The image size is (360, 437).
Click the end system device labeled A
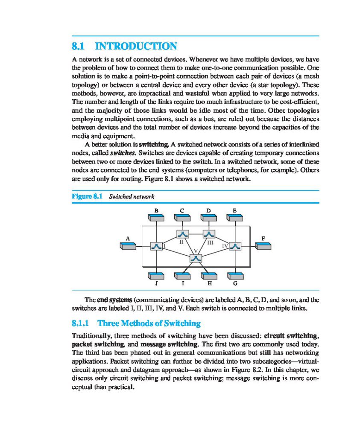pyautogui.click(x=128, y=246)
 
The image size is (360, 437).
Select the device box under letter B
pyautogui.click(x=157, y=218)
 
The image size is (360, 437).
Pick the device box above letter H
pyautogui.click(x=209, y=275)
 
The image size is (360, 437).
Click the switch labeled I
pyautogui.click(x=157, y=246)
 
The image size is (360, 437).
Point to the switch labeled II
pyautogui.click(x=183, y=233)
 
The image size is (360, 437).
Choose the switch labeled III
pyautogui.click(x=209, y=233)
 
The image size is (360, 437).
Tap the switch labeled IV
pyautogui.click(x=235, y=246)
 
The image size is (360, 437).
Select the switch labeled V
pyautogui.click(x=196, y=259)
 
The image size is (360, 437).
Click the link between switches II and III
pyautogui.click(x=196, y=233)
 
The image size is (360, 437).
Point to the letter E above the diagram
pyautogui.click(x=234, y=210)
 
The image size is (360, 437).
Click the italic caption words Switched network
pyautogui.click(x=132, y=197)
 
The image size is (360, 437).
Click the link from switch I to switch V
pyautogui.click(x=176, y=252)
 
